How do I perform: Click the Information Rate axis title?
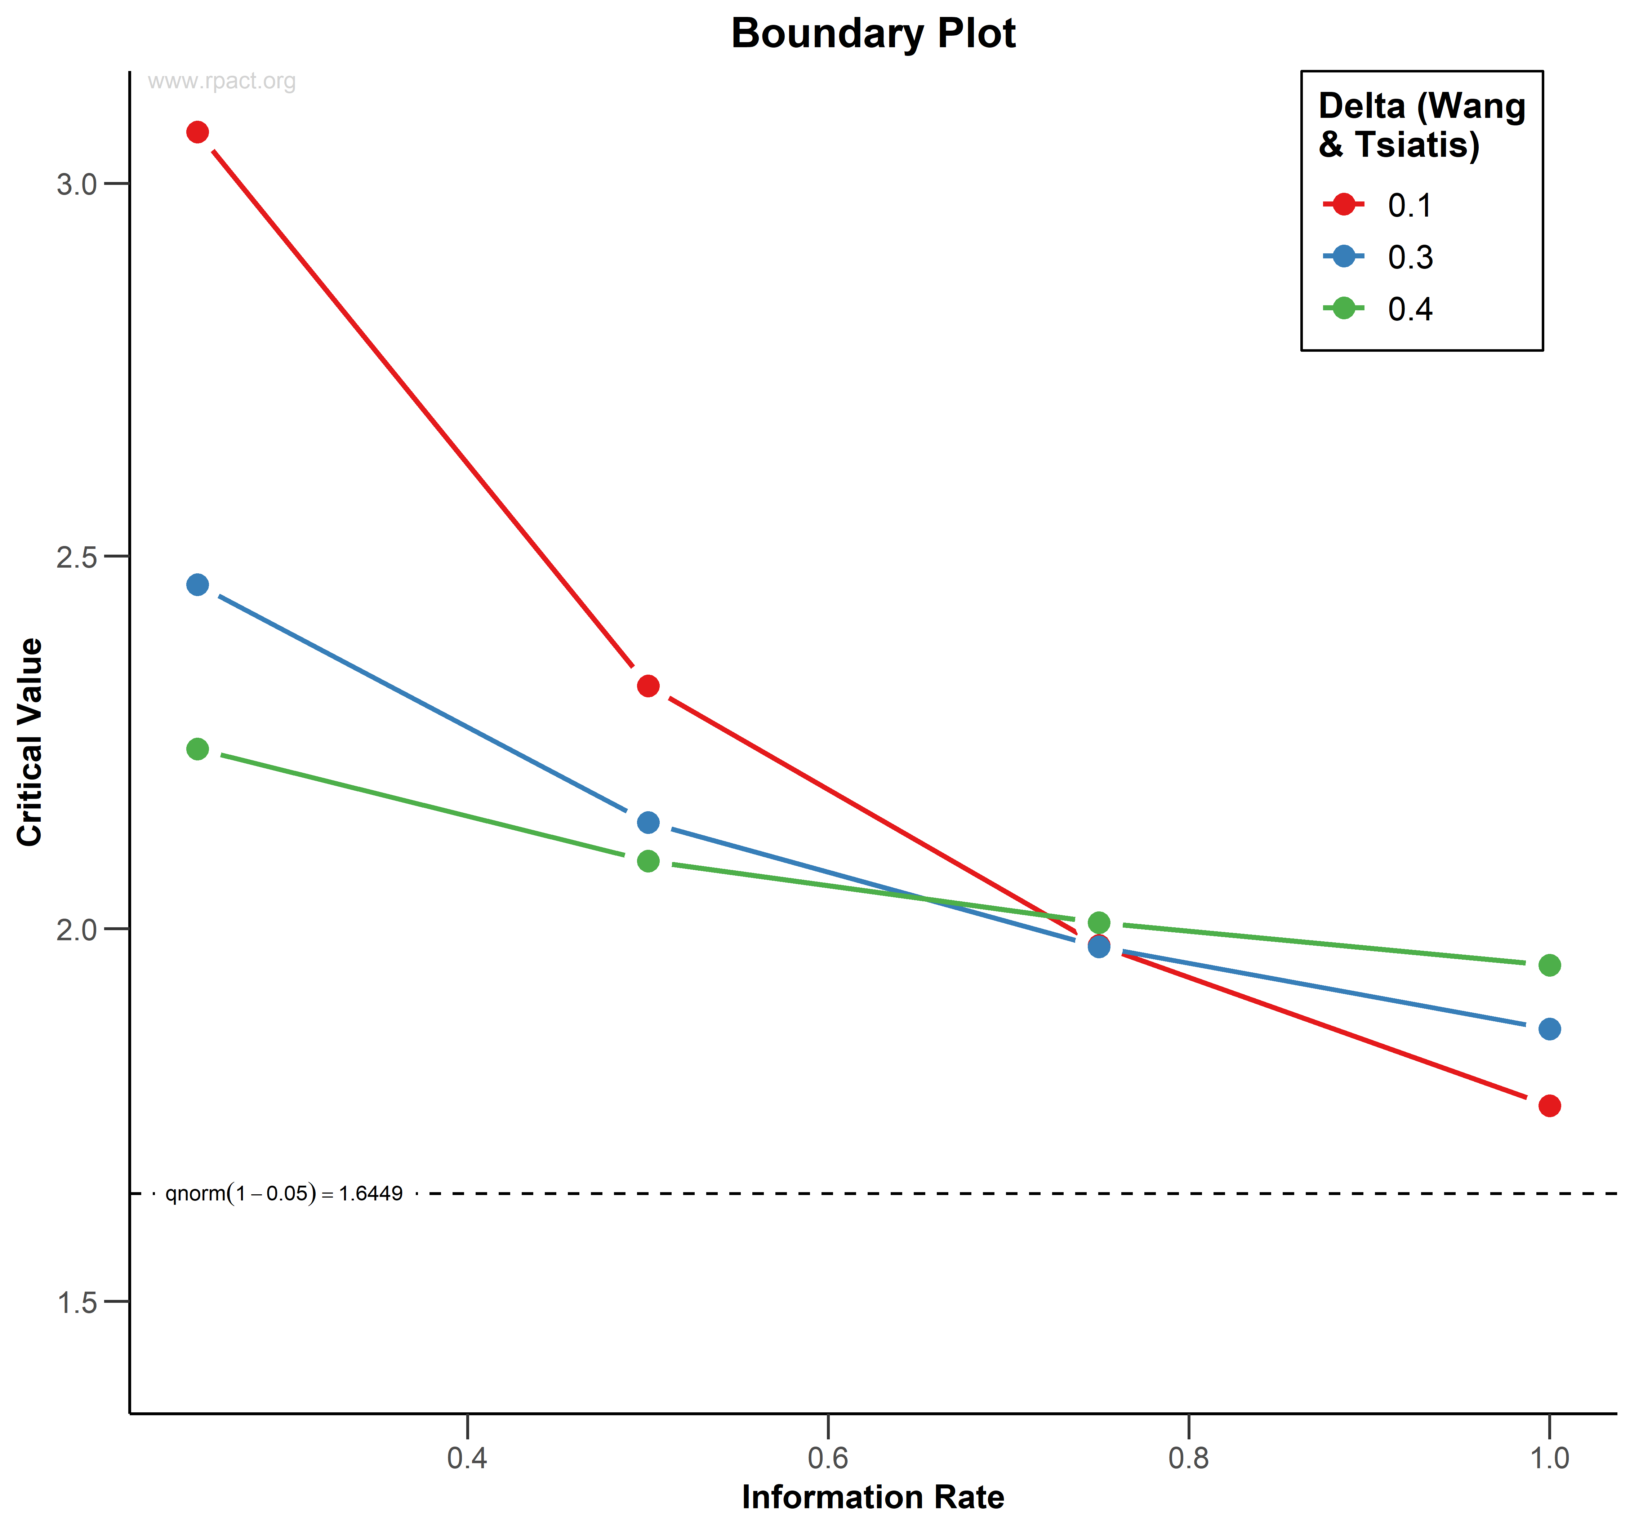(873, 1497)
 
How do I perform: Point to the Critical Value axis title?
(30, 742)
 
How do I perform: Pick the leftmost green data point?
(197, 749)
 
